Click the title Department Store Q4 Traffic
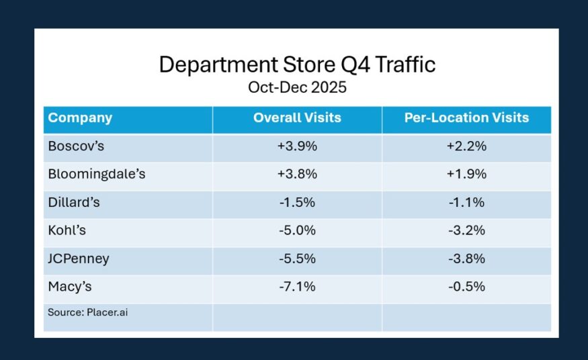click(x=296, y=64)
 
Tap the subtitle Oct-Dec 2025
click(x=296, y=87)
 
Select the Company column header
click(x=80, y=118)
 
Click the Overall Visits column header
click(x=297, y=118)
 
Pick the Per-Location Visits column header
click(x=466, y=118)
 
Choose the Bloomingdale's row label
click(x=97, y=175)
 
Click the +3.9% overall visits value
click(x=297, y=146)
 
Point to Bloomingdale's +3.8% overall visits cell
click(x=297, y=175)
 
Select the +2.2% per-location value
click(x=466, y=146)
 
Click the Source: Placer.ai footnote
click(x=87, y=312)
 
